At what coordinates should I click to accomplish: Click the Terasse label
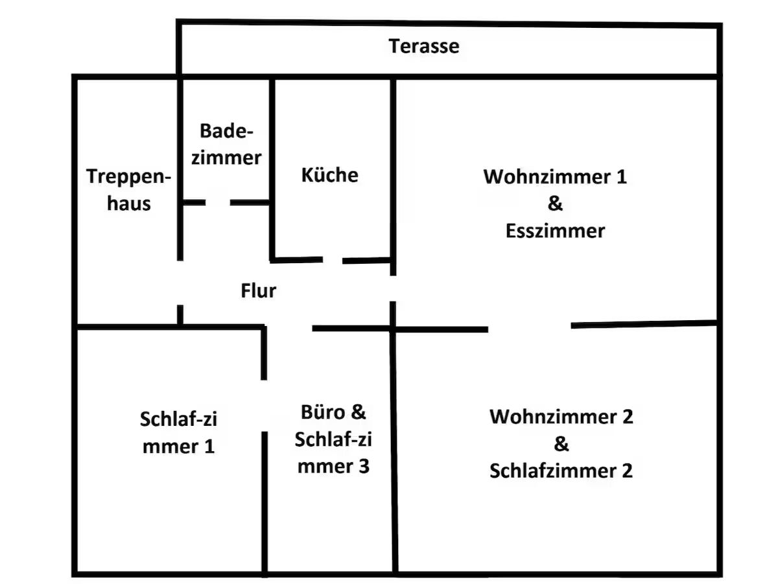(x=423, y=46)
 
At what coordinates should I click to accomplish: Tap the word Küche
(x=329, y=175)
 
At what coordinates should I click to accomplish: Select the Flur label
(x=259, y=290)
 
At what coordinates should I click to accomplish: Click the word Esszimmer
(x=555, y=231)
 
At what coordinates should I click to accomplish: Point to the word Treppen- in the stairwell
(x=128, y=177)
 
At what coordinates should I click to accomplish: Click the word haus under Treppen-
(x=129, y=204)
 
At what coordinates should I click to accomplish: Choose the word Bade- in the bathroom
(x=226, y=131)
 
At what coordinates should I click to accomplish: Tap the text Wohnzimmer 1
(x=555, y=176)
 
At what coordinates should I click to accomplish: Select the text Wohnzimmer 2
(x=561, y=416)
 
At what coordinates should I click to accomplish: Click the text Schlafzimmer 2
(x=561, y=471)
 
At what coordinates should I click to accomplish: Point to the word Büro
(x=323, y=412)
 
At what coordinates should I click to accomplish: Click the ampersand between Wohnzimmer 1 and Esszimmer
(x=555, y=204)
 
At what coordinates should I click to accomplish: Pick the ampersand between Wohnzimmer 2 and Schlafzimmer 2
(x=561, y=443)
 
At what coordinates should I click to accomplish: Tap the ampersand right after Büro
(x=359, y=412)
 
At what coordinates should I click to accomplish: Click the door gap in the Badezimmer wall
(x=218, y=203)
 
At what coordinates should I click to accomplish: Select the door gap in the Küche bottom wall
(x=333, y=261)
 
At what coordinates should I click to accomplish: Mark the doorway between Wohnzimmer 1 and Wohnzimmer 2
(x=530, y=328)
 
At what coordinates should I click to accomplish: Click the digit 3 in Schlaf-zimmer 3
(x=364, y=466)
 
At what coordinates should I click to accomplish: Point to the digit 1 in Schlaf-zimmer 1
(x=209, y=447)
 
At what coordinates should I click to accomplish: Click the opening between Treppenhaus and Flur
(x=180, y=283)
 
